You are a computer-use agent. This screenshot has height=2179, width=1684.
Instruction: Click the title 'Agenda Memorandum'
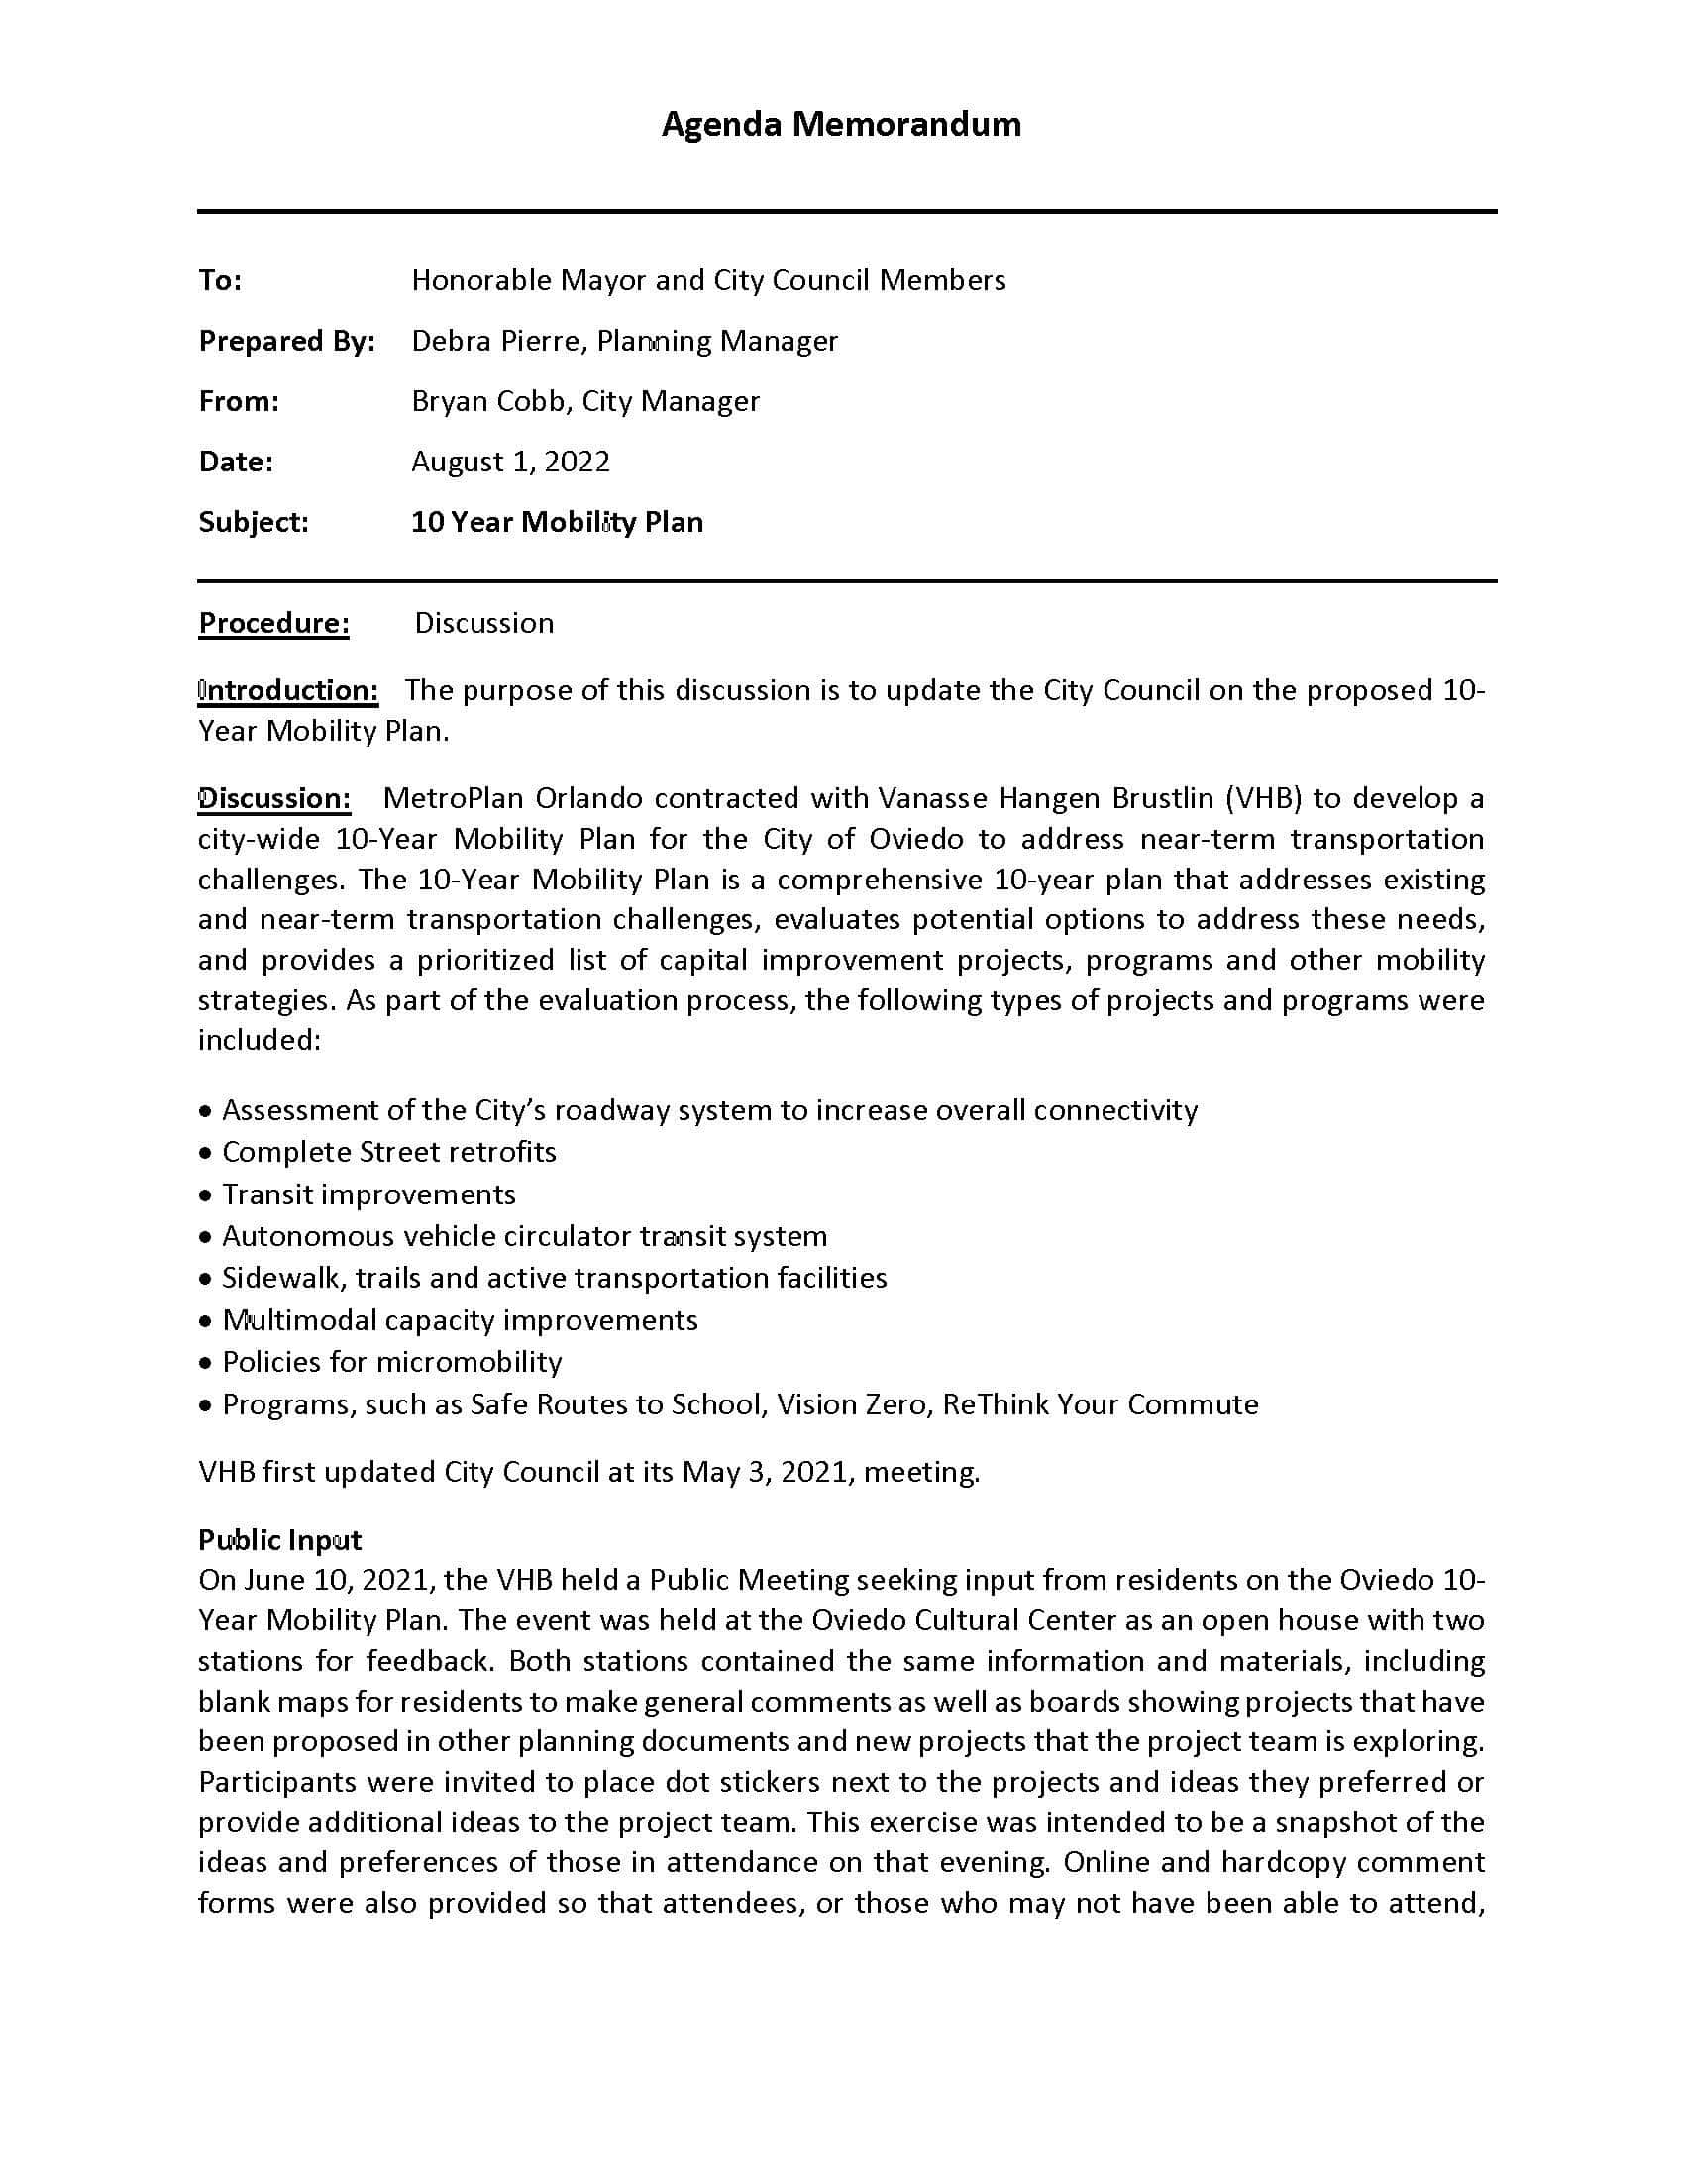coord(840,124)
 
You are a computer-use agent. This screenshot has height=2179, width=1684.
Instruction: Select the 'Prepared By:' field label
coord(286,342)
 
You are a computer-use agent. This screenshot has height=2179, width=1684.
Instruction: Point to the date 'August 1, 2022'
coord(510,461)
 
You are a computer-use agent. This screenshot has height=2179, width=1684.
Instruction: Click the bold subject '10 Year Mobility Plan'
coord(557,522)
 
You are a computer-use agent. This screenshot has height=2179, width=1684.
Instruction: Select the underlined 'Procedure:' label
coord(273,623)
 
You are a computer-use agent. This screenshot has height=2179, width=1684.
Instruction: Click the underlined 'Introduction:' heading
coord(288,690)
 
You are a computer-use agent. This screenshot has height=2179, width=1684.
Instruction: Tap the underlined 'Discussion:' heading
coord(274,798)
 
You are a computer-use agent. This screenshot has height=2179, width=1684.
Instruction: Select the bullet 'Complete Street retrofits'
coord(389,1151)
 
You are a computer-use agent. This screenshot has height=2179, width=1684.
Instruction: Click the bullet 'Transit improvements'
coord(368,1194)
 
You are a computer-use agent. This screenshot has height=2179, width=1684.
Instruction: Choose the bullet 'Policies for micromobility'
coord(391,1362)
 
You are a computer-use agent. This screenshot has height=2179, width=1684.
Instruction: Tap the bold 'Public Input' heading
coord(279,1539)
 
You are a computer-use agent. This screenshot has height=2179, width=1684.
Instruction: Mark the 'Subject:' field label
coord(254,522)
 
